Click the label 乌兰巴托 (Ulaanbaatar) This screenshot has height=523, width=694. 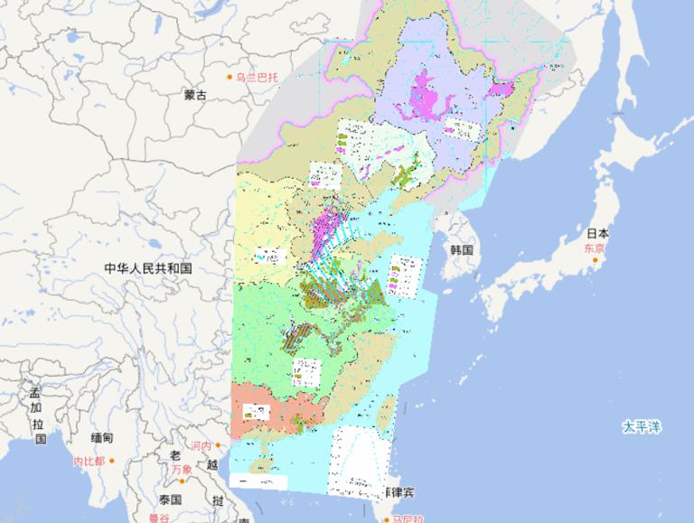click(258, 78)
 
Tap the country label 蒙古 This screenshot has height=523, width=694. click(194, 95)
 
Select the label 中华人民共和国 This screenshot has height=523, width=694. click(147, 268)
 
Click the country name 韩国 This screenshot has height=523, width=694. click(462, 249)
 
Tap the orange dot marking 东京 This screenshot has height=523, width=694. click(596, 260)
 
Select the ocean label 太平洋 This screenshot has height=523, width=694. click(641, 425)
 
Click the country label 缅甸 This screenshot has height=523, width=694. click(101, 438)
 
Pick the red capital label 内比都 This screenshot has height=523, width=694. click(89, 461)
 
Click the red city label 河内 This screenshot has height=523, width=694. click(200, 446)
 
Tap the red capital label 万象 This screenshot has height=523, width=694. click(181, 470)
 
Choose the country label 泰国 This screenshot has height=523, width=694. click(169, 499)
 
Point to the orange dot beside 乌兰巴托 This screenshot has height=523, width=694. click(230, 78)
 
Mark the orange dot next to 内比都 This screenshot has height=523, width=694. click(114, 461)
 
